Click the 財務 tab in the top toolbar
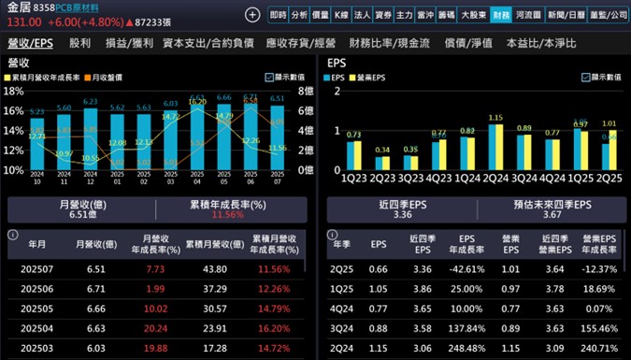(x=501, y=15)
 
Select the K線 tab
(x=341, y=15)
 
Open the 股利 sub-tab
(x=80, y=44)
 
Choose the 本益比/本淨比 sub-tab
(x=540, y=44)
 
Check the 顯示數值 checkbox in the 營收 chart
(x=270, y=78)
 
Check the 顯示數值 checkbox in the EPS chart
(x=587, y=78)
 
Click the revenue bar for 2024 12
(x=64, y=141)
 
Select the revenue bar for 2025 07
(x=278, y=137)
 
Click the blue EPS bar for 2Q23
(x=377, y=163)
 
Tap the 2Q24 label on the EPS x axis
(x=495, y=178)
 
